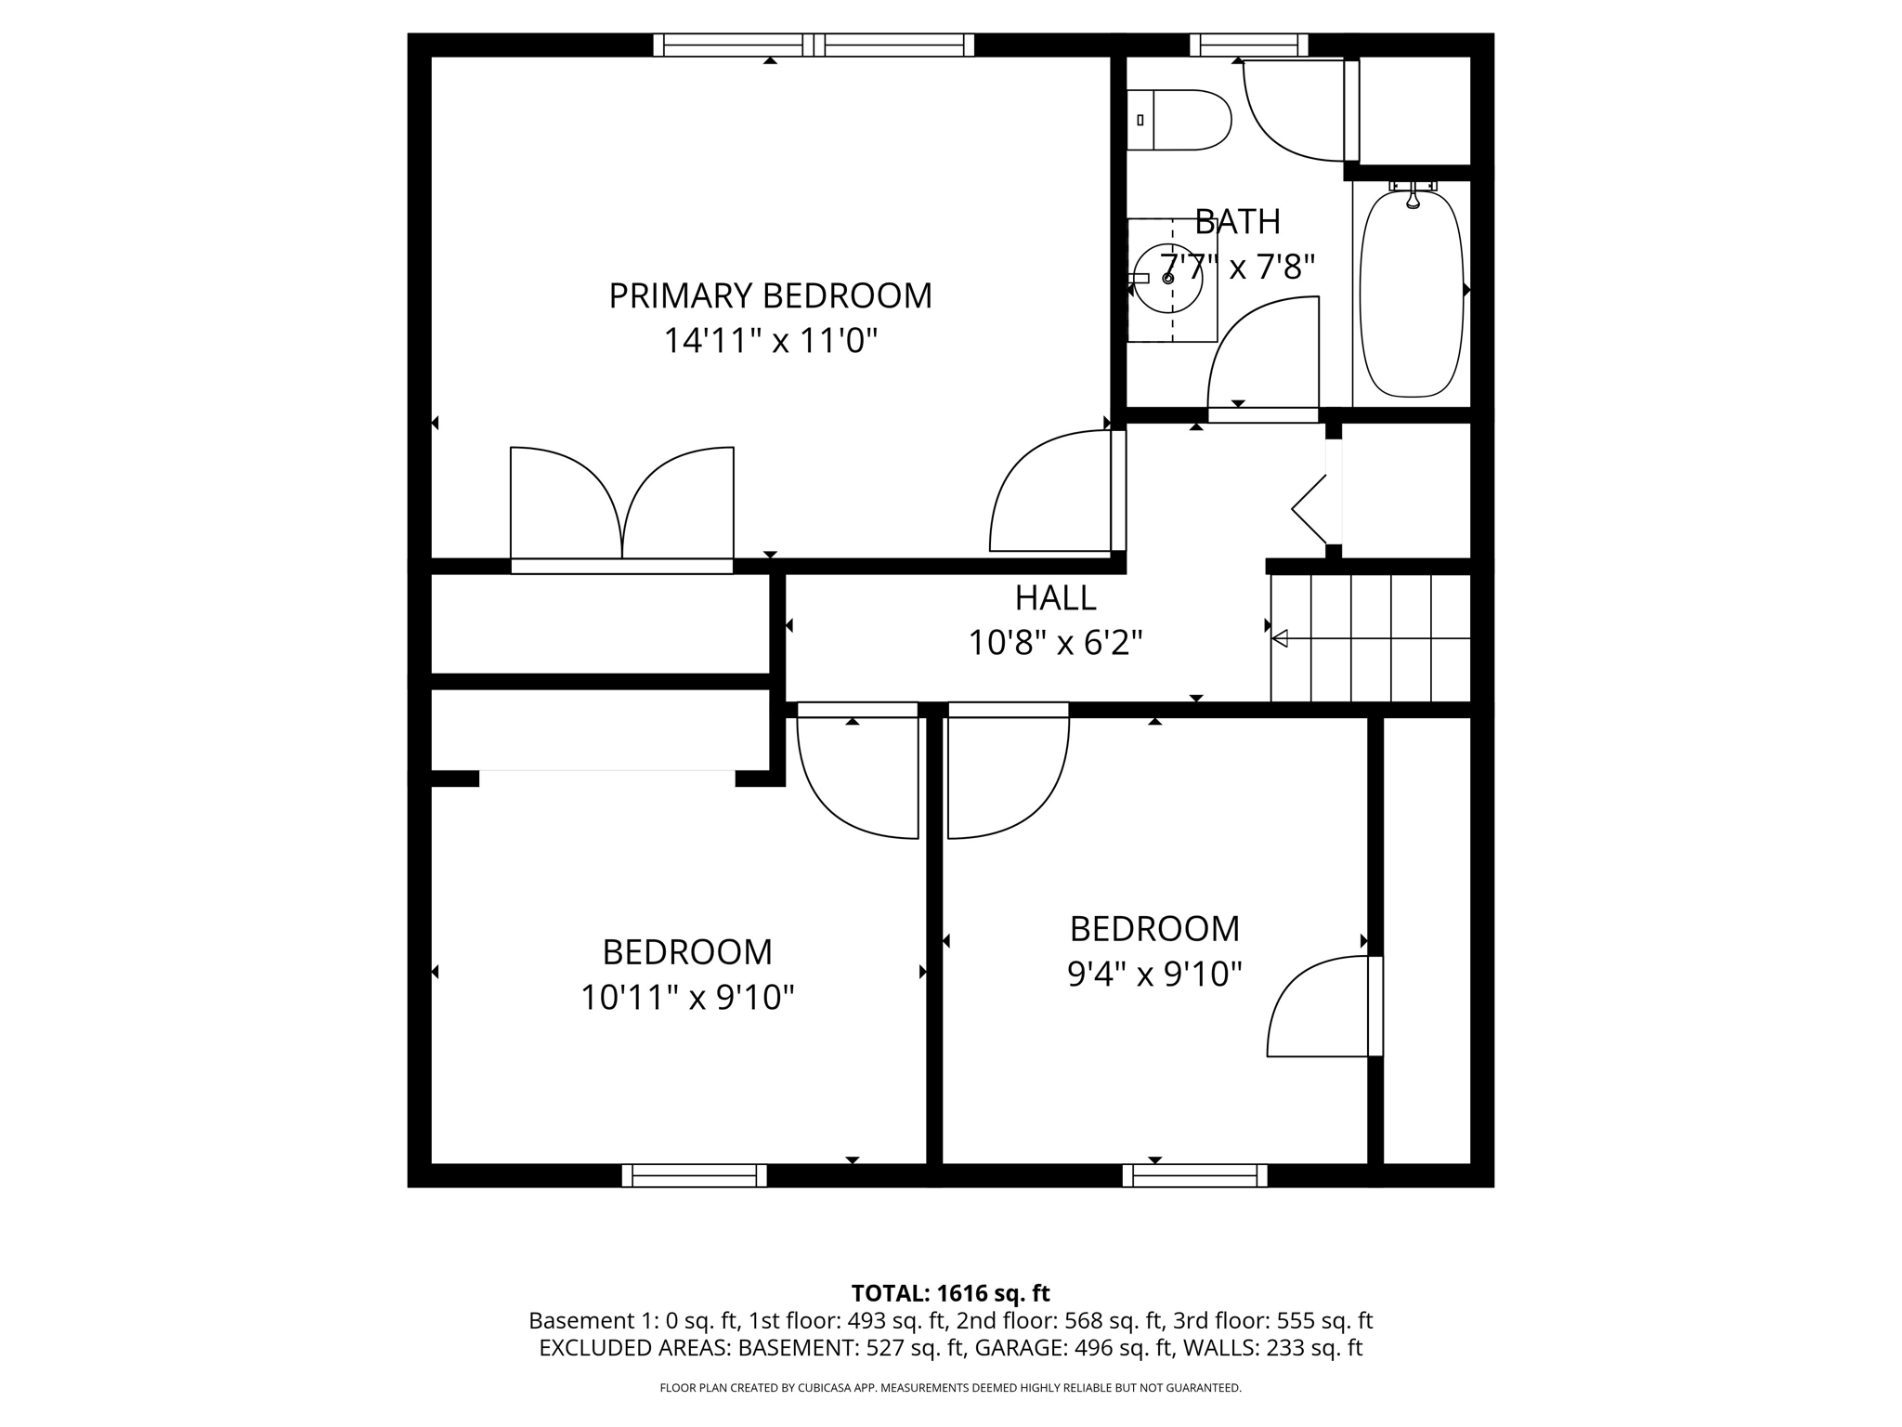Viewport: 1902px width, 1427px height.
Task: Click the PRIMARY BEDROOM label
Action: point(770,296)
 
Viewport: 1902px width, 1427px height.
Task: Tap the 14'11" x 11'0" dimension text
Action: point(770,341)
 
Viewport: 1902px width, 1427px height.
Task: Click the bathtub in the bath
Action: point(1411,293)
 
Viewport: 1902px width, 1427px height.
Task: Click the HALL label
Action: point(1055,598)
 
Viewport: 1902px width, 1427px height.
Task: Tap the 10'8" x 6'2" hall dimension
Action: point(1055,643)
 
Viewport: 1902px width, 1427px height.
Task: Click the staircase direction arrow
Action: point(1280,638)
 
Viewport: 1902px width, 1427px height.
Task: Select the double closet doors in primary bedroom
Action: point(622,506)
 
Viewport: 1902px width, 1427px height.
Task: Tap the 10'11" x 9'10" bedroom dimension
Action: point(687,998)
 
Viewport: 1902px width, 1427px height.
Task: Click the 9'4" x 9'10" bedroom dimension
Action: point(1154,975)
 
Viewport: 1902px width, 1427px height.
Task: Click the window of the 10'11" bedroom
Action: point(694,1176)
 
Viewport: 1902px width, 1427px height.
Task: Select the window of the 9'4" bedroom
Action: point(1194,1176)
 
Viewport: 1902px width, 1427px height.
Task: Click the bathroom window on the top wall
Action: point(1248,45)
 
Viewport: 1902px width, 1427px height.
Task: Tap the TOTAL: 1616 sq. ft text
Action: point(950,1293)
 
